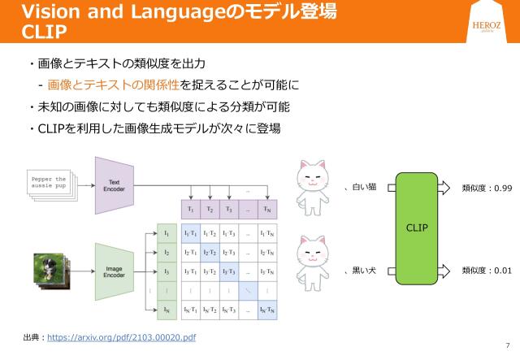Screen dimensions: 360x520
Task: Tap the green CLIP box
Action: [417, 228]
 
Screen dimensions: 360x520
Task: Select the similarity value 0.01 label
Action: [486, 269]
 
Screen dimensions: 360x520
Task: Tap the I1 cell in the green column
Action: [166, 233]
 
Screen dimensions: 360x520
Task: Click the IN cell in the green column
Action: [166, 309]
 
